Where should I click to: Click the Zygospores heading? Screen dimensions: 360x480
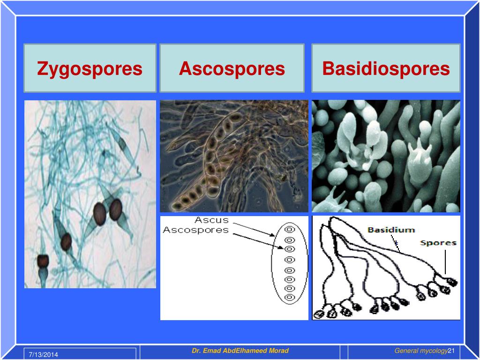[90, 69]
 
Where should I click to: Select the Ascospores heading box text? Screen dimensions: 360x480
[232, 69]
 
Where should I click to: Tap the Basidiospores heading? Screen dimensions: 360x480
[386, 69]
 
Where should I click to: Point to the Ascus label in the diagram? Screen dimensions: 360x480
[212, 220]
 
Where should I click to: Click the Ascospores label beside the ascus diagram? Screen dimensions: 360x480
[195, 230]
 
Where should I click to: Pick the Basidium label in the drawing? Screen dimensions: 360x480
[391, 230]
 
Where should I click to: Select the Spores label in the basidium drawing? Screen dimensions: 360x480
[438, 243]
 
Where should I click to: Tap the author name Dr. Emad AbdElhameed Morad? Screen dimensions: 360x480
[240, 351]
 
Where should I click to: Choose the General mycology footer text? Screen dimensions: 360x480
[421, 351]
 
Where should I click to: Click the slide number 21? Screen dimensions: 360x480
[452, 351]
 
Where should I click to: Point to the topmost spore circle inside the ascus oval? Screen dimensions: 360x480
[290, 229]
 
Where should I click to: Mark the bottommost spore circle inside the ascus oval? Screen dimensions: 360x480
[290, 297]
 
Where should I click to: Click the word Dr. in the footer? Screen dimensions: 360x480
[196, 351]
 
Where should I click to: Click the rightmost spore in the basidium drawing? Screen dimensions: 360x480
[452, 282]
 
